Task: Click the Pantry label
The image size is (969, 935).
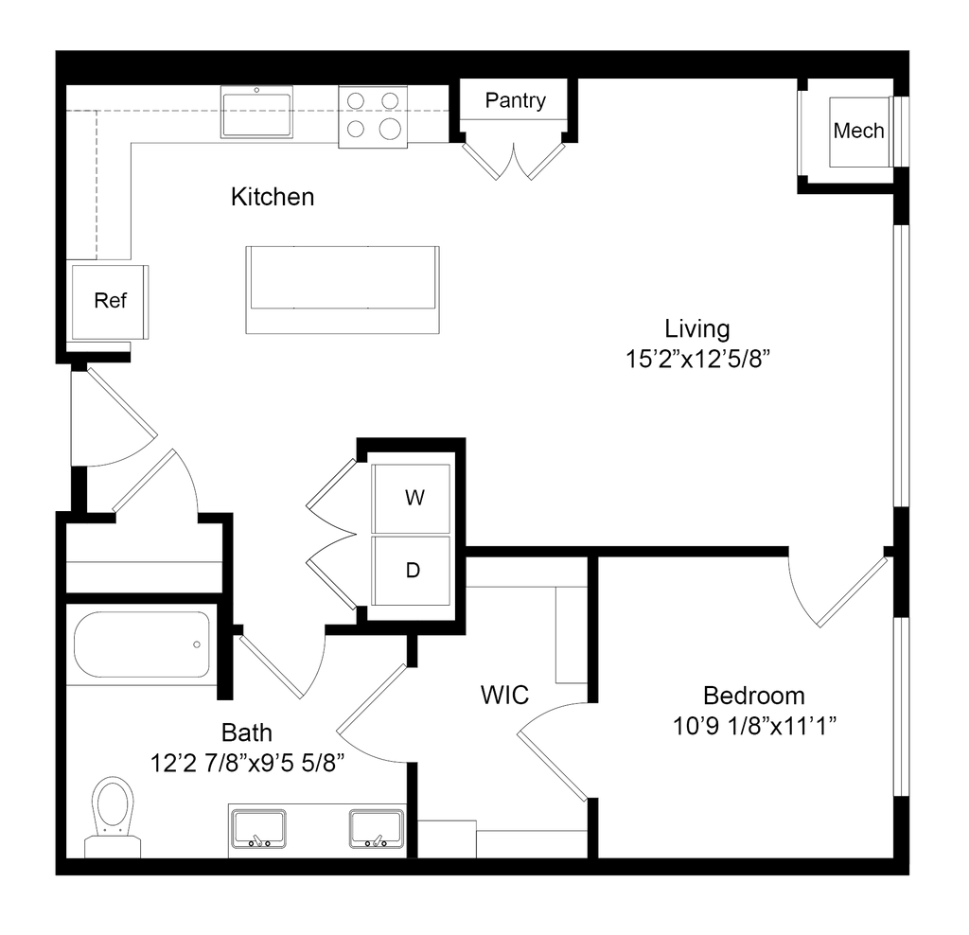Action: (x=516, y=100)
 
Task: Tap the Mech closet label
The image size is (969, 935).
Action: (x=858, y=131)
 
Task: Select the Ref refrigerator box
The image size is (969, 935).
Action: (x=110, y=302)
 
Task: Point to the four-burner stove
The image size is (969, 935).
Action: (x=373, y=116)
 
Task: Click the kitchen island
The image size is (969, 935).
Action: (x=343, y=290)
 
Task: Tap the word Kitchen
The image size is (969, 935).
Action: (x=273, y=197)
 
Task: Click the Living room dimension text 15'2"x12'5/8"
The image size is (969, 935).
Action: (x=697, y=359)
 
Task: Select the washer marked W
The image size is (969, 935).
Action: (x=411, y=498)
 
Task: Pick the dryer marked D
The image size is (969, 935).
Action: (x=411, y=571)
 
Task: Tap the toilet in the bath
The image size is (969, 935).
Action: (x=113, y=817)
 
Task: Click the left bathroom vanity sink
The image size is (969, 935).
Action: (x=258, y=829)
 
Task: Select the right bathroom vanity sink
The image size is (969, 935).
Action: (x=377, y=829)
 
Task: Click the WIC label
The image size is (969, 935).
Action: (x=505, y=696)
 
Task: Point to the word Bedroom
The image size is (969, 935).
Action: (x=754, y=696)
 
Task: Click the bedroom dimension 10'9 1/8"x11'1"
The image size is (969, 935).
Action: (x=754, y=726)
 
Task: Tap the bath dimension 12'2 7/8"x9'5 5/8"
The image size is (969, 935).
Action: (x=247, y=763)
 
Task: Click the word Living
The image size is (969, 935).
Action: (x=697, y=328)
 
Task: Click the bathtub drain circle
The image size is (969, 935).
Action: (x=197, y=644)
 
